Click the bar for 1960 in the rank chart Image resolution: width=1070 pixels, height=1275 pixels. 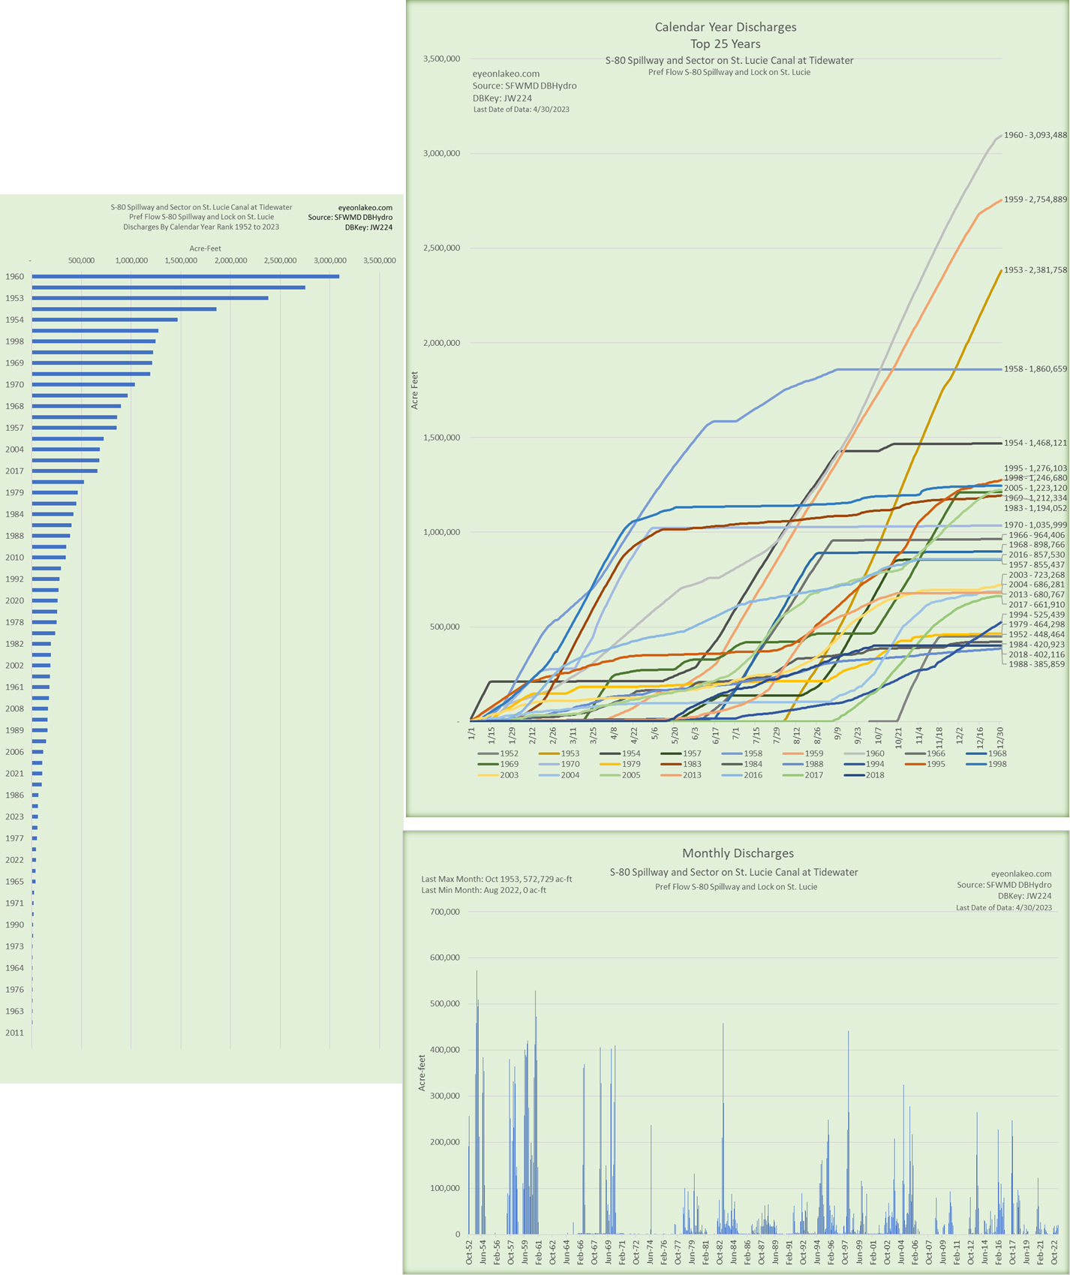(185, 276)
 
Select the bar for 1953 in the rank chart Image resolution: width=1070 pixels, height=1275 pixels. (150, 298)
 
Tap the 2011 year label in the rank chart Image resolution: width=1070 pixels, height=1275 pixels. (14, 1033)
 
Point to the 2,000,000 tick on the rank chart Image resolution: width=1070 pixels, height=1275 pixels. (230, 260)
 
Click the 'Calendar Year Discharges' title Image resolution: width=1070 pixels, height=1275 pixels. (726, 27)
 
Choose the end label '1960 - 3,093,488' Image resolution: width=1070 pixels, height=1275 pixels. (1035, 135)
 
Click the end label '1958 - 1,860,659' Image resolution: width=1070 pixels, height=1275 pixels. (1035, 369)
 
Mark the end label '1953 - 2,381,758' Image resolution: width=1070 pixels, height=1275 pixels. (1035, 270)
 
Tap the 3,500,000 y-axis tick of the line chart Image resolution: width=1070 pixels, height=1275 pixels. (441, 59)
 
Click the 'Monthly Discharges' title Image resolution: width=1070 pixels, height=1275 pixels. (738, 853)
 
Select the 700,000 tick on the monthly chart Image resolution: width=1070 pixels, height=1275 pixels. (443, 912)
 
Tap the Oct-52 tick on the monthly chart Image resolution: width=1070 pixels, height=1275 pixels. (470, 1252)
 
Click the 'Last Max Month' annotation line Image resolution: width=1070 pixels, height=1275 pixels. (497, 879)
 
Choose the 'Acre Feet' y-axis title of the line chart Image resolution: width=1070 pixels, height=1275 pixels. (415, 390)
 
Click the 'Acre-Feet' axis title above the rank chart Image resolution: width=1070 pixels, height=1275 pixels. (205, 248)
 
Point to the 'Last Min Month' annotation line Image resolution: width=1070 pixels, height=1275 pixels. (484, 890)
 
